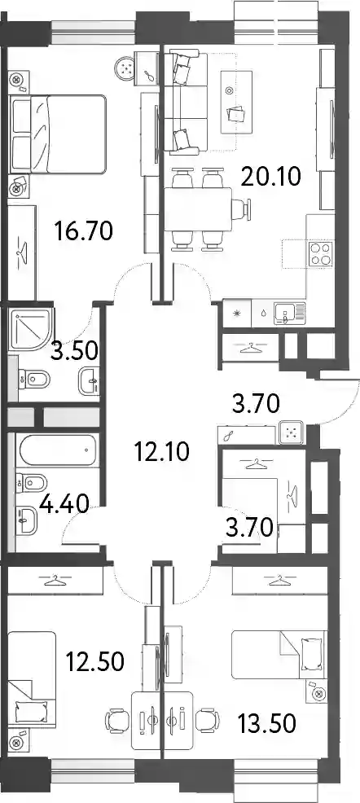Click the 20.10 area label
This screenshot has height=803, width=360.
coord(271,178)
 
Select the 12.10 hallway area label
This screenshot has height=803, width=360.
coord(160,452)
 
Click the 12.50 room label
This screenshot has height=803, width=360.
coord(94,662)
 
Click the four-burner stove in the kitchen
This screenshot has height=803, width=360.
coord(320,254)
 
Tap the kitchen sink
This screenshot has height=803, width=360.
coord(289,313)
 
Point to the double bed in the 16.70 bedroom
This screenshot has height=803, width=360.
coord(58,134)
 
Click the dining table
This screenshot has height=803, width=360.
coord(198,210)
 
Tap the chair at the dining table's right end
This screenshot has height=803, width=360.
coord(242,209)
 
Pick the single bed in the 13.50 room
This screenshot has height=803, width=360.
coord(279,653)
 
